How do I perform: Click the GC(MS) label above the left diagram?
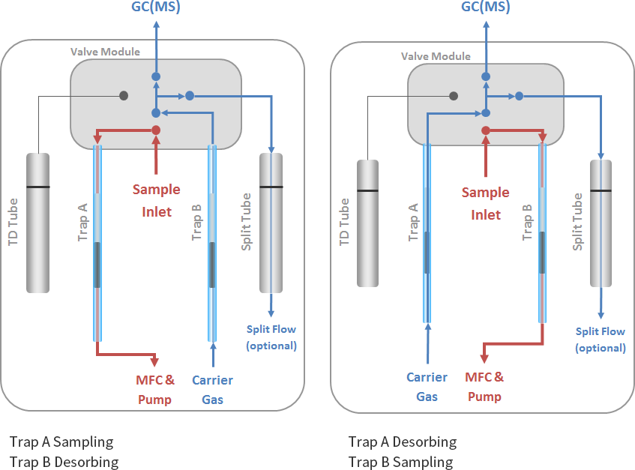click(155, 7)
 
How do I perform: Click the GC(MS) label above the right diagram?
click(485, 7)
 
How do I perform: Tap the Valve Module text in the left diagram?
click(105, 52)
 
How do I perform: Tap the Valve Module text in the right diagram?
click(436, 56)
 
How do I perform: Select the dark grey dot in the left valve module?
click(124, 95)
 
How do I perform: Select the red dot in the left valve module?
click(156, 130)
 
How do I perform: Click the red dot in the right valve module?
click(486, 130)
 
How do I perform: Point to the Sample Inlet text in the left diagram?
click(156, 200)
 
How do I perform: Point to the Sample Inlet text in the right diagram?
click(486, 203)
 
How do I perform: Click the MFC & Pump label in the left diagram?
click(155, 390)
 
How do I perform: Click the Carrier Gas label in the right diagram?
click(427, 386)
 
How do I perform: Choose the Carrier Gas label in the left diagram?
click(213, 390)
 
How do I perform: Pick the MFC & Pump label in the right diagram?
click(485, 386)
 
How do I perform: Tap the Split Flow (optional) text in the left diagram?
click(271, 337)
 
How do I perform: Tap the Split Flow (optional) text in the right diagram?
click(600, 340)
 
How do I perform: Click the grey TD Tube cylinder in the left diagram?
click(37, 223)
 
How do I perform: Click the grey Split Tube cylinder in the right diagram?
click(601, 223)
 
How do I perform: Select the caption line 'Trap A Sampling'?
click(61, 442)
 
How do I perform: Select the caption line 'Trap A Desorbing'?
click(403, 442)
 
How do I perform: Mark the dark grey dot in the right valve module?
click(454, 95)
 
